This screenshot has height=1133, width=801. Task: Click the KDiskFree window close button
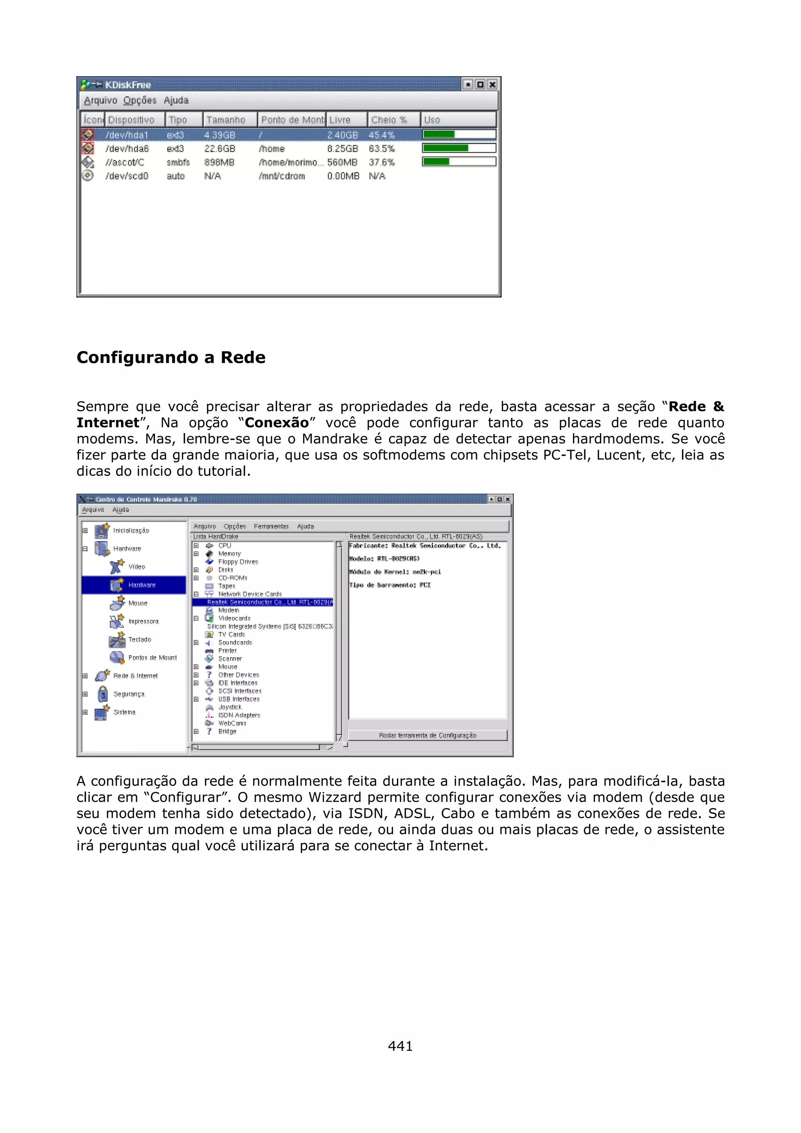(x=492, y=84)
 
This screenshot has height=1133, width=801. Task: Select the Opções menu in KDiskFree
(x=140, y=100)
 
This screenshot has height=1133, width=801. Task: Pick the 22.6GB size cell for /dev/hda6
(x=220, y=149)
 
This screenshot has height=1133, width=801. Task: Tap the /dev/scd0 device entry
(x=127, y=176)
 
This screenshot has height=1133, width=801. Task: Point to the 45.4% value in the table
(x=381, y=135)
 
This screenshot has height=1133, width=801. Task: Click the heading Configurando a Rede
(x=171, y=357)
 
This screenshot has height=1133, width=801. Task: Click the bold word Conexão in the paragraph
(x=277, y=423)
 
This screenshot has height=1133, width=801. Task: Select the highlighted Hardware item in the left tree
(x=141, y=585)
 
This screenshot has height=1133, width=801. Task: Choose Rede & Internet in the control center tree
(x=135, y=676)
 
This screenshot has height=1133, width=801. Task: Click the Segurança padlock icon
(x=102, y=694)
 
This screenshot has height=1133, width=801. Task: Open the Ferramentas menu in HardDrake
(x=271, y=527)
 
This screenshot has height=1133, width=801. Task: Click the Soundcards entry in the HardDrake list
(x=235, y=642)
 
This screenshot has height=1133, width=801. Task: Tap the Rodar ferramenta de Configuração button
(x=427, y=735)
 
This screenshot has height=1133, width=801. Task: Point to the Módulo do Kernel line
(x=395, y=572)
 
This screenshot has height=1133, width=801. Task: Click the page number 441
(x=400, y=1046)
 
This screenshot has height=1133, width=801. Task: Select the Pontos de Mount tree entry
(x=152, y=657)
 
